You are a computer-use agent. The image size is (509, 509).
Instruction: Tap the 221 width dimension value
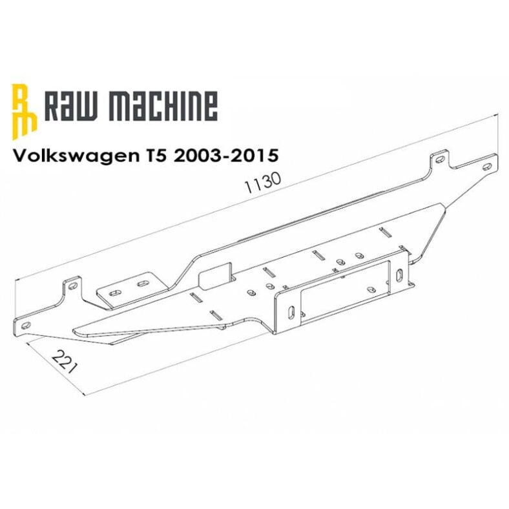point(64,362)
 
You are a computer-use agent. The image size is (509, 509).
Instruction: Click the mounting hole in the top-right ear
point(440,157)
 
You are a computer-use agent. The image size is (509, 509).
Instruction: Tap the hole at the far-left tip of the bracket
point(25,321)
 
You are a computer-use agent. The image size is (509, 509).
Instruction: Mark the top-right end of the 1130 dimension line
point(498,115)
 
